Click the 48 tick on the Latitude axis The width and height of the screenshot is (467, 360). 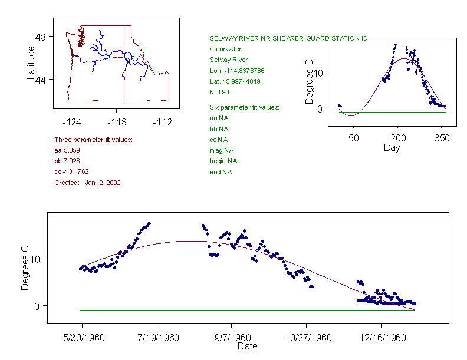(x=41, y=37)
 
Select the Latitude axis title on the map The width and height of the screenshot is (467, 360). (x=31, y=63)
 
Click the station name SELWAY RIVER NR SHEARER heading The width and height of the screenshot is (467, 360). (x=288, y=38)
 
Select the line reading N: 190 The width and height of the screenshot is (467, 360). (x=219, y=92)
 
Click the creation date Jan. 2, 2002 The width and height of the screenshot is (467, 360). (x=103, y=183)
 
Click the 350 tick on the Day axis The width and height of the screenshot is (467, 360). (x=443, y=138)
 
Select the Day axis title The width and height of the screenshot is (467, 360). (x=392, y=147)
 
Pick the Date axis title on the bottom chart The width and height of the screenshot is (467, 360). (x=247, y=346)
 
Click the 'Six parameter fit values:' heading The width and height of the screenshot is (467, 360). (x=244, y=107)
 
